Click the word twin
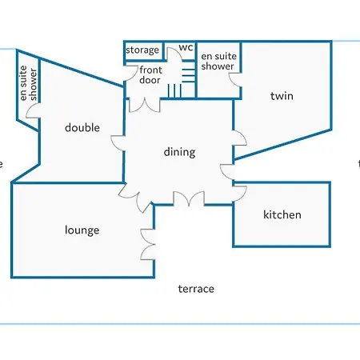click(x=282, y=96)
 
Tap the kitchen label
click(x=282, y=214)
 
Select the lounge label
click(x=82, y=230)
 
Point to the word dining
click(x=179, y=152)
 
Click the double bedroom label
click(x=82, y=128)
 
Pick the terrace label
click(x=196, y=289)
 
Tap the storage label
click(x=142, y=50)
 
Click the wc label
click(x=186, y=47)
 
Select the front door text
click(x=150, y=75)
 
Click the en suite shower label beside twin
click(x=218, y=61)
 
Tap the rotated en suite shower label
click(x=28, y=83)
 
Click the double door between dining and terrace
click(x=189, y=198)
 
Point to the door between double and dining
click(x=118, y=143)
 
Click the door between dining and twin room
click(x=240, y=138)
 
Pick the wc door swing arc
click(x=174, y=54)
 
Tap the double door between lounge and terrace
click(x=147, y=244)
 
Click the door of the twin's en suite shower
click(x=234, y=80)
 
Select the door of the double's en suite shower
click(x=34, y=110)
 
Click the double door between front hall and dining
click(x=145, y=105)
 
